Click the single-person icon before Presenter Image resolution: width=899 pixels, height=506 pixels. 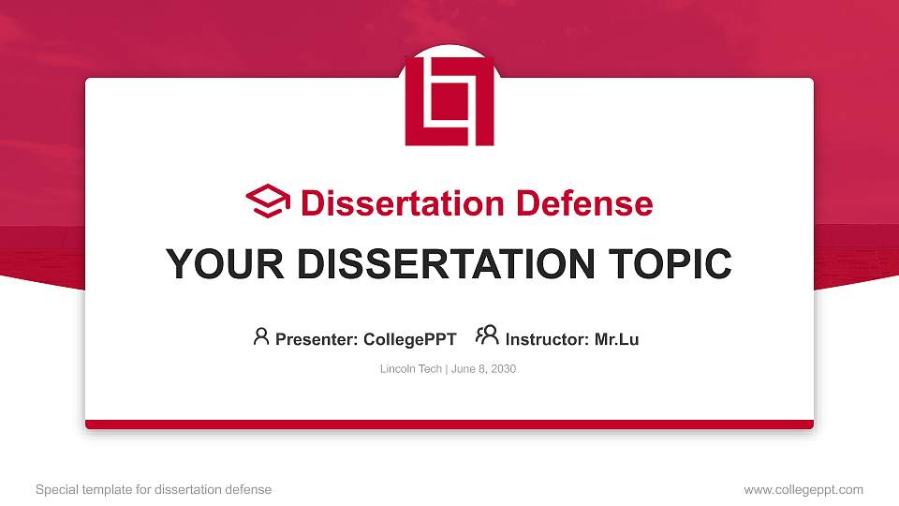point(261,336)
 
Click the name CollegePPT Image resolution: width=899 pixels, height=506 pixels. point(409,339)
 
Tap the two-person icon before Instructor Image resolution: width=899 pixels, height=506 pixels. point(487,335)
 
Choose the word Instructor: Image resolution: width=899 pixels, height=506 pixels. point(548,339)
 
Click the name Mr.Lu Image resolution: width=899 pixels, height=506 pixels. point(617,339)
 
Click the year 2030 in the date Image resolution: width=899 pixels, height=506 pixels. point(502,369)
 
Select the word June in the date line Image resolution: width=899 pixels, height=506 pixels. point(463,369)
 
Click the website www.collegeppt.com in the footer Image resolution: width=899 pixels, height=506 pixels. point(803,489)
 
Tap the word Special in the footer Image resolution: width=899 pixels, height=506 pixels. point(56,489)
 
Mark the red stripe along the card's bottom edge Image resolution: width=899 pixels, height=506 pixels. point(449,424)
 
